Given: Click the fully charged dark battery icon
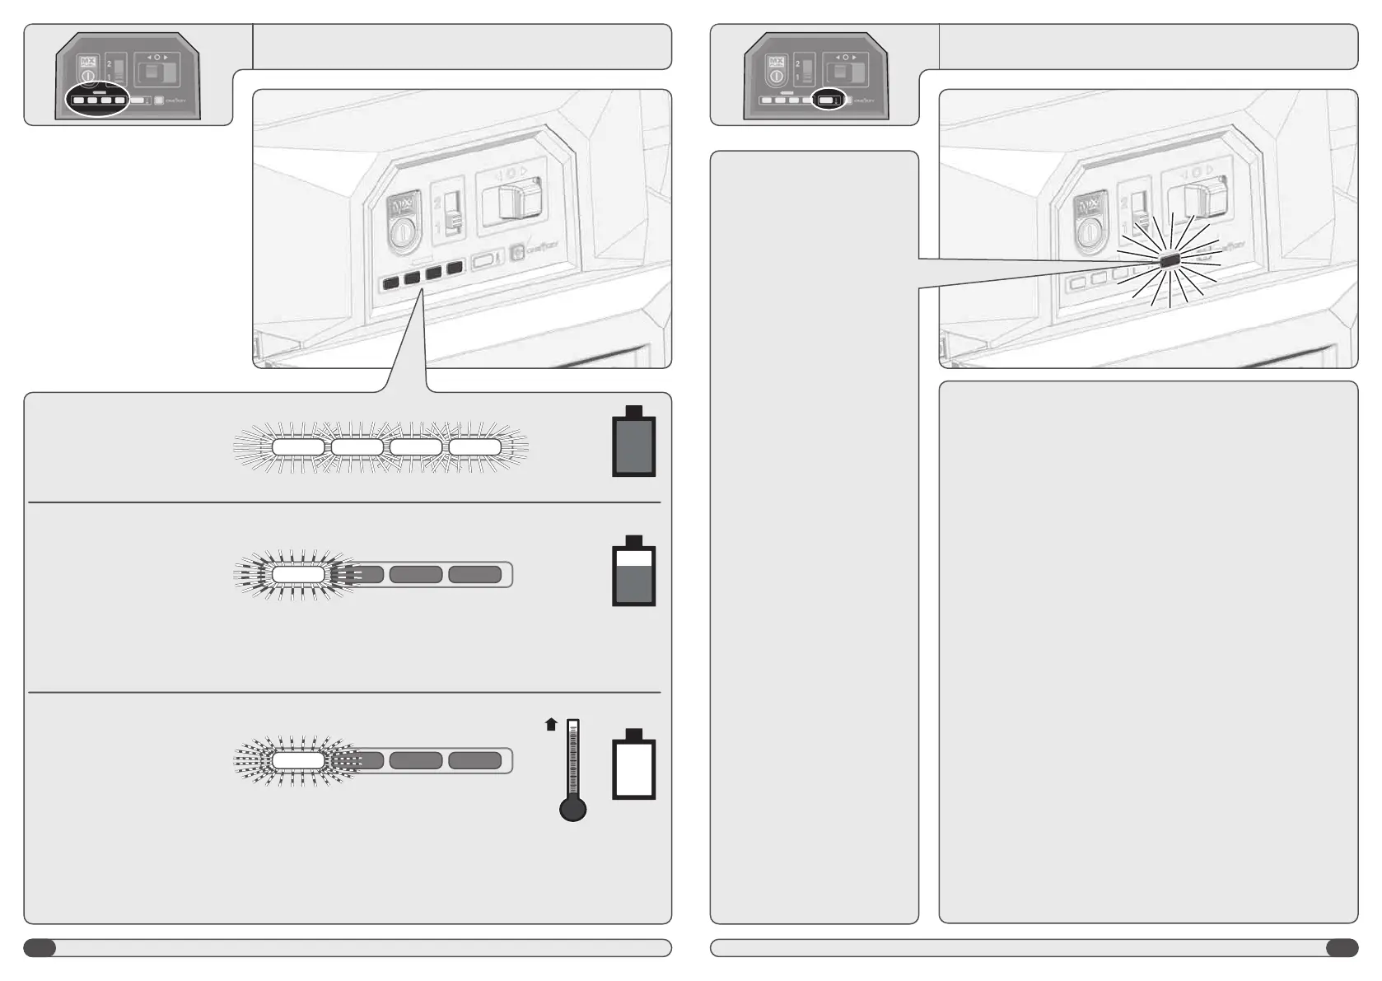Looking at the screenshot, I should (x=633, y=442).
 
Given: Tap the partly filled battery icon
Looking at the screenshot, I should (x=633, y=572).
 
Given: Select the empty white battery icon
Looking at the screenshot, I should (x=633, y=765).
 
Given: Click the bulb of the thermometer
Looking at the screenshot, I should (x=572, y=809).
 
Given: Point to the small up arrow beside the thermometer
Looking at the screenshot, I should (x=551, y=724).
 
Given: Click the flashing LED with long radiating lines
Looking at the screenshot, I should (x=1169, y=260).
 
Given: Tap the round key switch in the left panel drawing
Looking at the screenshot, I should (x=401, y=236).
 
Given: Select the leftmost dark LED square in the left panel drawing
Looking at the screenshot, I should (x=390, y=283).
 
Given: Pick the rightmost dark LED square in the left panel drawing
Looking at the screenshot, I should (x=454, y=269).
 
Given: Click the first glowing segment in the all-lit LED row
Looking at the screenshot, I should (x=298, y=447).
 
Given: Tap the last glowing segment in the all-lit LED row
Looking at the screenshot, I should (x=475, y=447).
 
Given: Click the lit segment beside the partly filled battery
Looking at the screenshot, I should (x=298, y=574).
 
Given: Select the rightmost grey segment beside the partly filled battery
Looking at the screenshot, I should (x=475, y=574).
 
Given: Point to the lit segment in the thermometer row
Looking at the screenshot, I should (x=298, y=760).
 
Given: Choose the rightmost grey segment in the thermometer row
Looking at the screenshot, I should (x=475, y=760).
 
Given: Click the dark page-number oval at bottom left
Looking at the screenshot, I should (x=40, y=948).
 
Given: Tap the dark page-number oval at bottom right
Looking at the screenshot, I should (x=1342, y=948).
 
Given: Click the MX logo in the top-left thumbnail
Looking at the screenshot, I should (x=88, y=62).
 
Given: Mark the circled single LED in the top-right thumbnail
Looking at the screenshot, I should (x=828, y=100).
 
